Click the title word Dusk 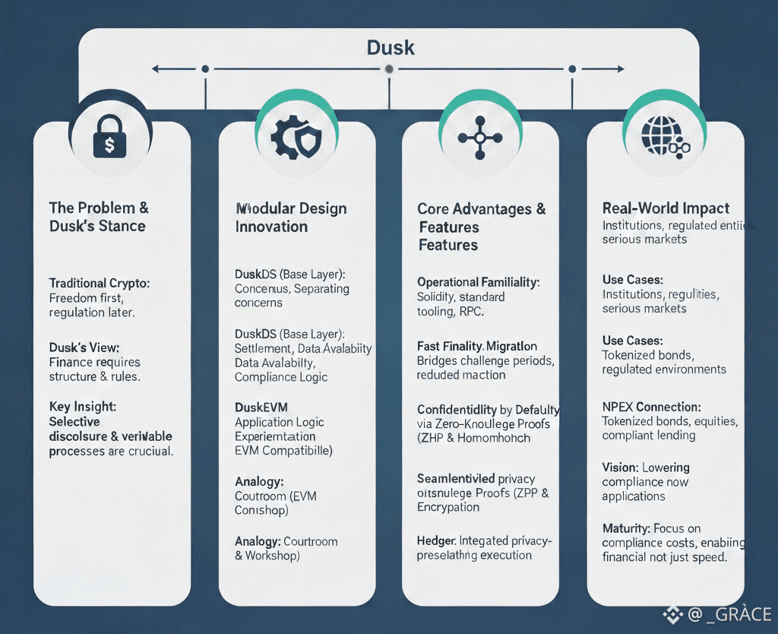(x=391, y=47)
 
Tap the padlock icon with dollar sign (x=109, y=139)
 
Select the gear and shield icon (x=296, y=138)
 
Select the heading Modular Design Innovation (x=291, y=217)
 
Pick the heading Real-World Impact (x=666, y=208)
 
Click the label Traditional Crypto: (x=100, y=283)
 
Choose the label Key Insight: (x=81, y=407)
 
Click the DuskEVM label (x=261, y=407)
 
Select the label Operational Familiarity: (x=478, y=282)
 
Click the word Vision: (x=620, y=467)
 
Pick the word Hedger (x=436, y=540)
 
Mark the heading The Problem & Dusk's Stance (x=99, y=217)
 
